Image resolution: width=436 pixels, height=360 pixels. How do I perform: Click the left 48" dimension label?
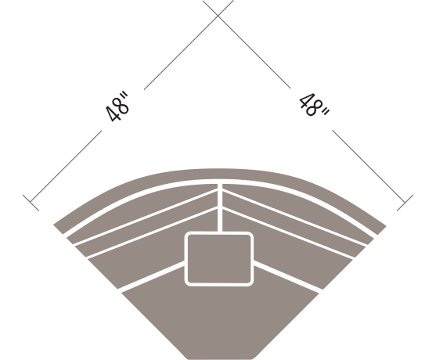click(x=117, y=106)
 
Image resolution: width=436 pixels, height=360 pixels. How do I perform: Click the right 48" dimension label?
click(x=314, y=105)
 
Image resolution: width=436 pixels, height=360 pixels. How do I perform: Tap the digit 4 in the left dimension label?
click(x=114, y=114)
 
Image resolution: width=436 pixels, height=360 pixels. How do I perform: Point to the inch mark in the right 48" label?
click(x=326, y=112)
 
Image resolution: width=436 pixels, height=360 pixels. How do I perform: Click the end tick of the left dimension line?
click(x=31, y=203)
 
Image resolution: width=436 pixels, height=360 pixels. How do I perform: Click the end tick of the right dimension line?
click(x=405, y=203)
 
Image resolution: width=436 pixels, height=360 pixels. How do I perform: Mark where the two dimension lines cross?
click(x=218, y=16)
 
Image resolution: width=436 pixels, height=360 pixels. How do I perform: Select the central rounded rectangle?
click(x=219, y=258)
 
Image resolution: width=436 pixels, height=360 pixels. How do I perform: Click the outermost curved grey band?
click(x=220, y=174)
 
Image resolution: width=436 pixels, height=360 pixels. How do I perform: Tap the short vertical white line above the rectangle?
click(x=220, y=207)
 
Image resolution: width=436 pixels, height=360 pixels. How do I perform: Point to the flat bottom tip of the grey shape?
click(x=220, y=358)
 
